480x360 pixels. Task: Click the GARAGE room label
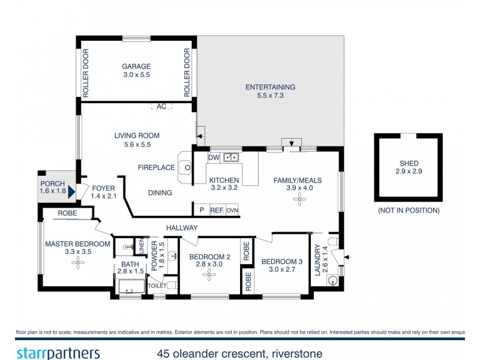point(136,67)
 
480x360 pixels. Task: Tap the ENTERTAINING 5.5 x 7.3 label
point(270,88)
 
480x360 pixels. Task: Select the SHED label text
point(409,163)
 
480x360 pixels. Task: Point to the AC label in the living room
point(161,106)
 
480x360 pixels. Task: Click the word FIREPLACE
point(156,168)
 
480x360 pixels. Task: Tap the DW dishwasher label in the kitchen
point(214,158)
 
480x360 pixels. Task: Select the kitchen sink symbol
point(230,158)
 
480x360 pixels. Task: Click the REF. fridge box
point(217,210)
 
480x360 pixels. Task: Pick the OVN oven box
point(232,210)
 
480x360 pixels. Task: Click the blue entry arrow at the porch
point(71,192)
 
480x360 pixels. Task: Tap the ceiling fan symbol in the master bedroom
point(79,262)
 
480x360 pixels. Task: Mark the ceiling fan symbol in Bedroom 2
point(209,275)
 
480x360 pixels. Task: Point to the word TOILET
point(157,286)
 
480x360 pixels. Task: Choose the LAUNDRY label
point(317,258)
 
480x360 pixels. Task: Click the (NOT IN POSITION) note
point(409,211)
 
